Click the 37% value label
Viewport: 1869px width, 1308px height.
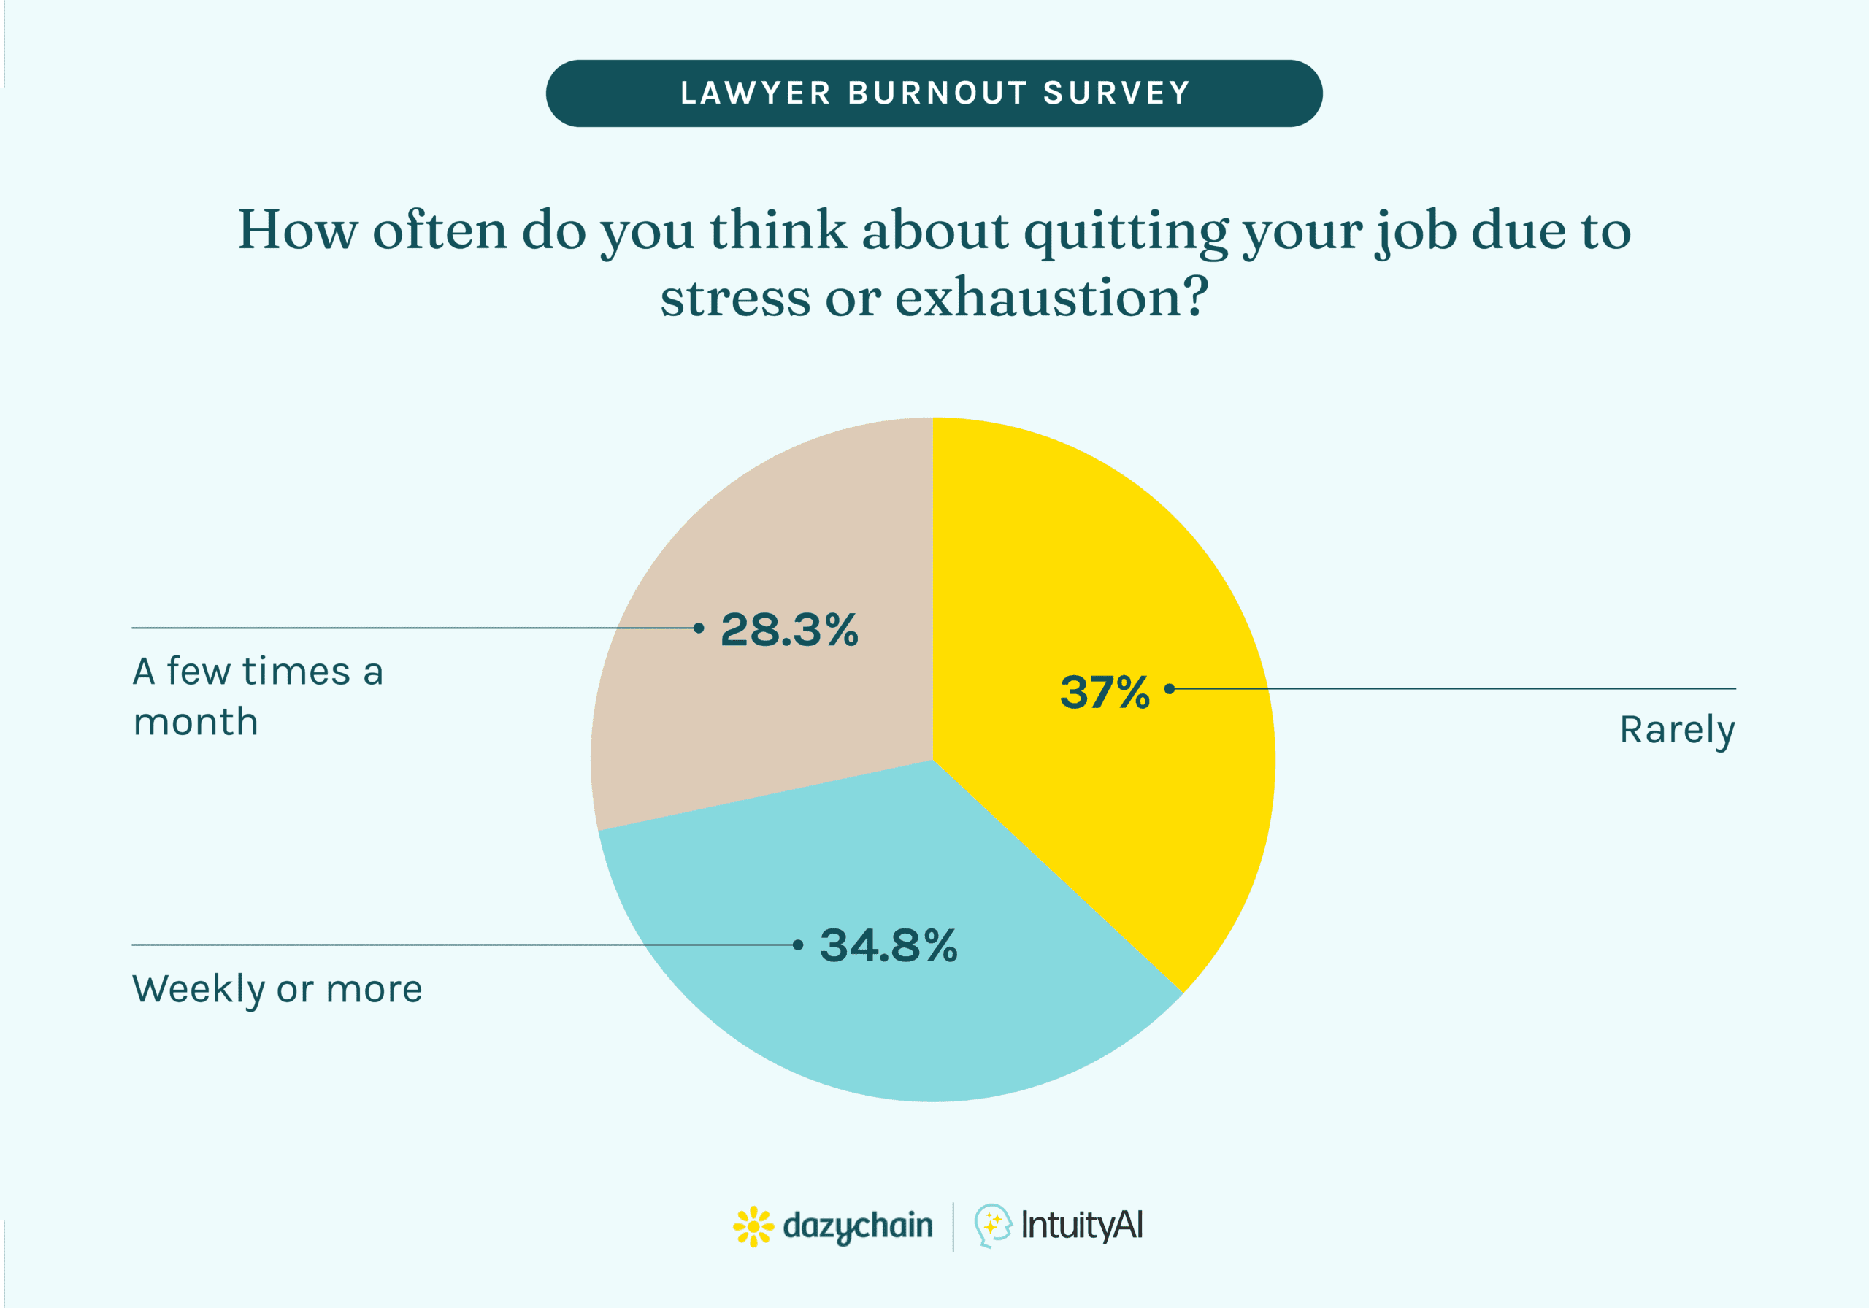1105,692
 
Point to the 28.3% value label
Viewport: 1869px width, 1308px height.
788,630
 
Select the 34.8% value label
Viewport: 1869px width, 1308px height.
888,946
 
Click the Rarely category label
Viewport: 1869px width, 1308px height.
1677,730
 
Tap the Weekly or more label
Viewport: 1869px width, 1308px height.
277,990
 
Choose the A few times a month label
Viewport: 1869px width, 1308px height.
257,697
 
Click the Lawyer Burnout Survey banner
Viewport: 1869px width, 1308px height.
934,93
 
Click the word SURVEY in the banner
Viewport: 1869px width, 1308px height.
1117,93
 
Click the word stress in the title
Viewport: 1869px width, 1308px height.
735,298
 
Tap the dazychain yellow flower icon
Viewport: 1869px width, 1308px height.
753,1226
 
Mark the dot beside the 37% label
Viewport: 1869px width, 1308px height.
1170,688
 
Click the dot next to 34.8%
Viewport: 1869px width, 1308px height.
798,945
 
